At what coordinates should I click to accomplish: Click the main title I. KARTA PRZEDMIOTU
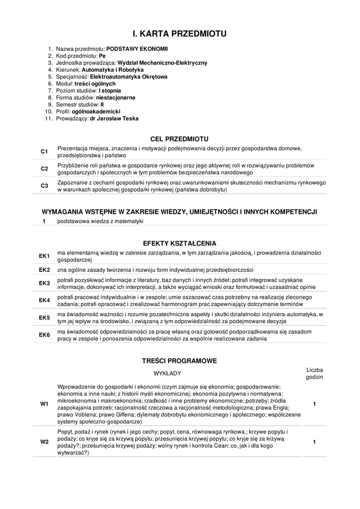(180, 34)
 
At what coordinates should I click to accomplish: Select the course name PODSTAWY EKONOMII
(137, 49)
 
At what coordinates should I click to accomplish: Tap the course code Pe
(102, 56)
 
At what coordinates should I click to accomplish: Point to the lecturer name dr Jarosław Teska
(114, 119)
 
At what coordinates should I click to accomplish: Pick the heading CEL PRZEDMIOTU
(180, 139)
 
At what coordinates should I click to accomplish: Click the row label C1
(44, 152)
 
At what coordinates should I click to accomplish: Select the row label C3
(44, 186)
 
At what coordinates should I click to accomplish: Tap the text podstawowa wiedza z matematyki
(100, 221)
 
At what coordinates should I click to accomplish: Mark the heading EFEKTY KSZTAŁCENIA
(180, 244)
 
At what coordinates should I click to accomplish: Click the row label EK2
(45, 270)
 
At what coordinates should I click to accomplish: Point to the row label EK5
(45, 318)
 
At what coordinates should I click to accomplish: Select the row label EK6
(45, 335)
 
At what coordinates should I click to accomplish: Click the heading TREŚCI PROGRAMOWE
(180, 361)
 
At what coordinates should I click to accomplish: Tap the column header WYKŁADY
(167, 373)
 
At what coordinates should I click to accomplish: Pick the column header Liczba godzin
(314, 373)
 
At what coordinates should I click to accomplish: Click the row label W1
(44, 404)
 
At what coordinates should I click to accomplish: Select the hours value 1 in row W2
(314, 442)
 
